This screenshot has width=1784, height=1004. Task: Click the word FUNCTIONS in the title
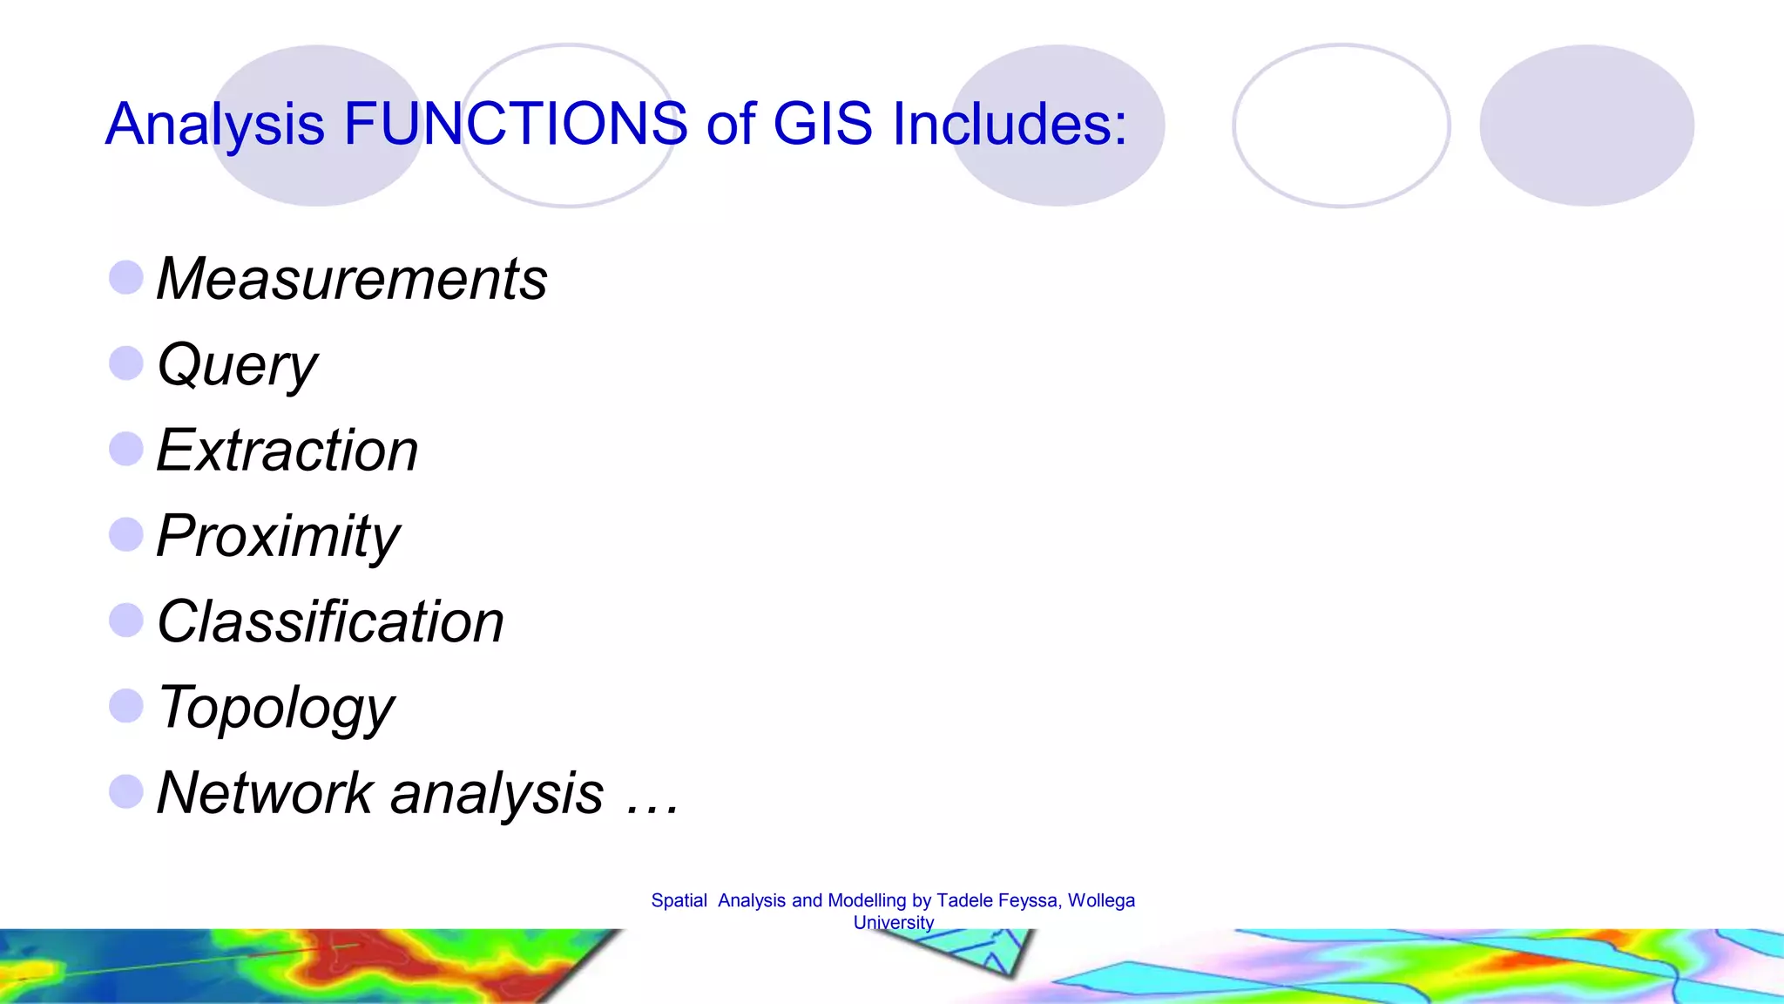point(516,124)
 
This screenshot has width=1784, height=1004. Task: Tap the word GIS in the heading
point(822,124)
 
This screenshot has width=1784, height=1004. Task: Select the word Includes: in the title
point(1010,124)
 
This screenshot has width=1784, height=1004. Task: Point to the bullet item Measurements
point(352,280)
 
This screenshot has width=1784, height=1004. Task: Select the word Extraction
point(287,451)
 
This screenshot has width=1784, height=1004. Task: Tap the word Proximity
point(278,537)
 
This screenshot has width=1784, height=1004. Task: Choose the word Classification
point(330,622)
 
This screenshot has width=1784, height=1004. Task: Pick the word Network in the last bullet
point(265,794)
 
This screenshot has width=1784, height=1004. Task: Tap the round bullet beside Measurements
point(126,278)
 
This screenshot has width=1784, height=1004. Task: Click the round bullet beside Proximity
point(126,534)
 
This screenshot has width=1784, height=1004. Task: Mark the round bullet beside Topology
point(126,706)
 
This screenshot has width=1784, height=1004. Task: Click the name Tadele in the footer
point(964,901)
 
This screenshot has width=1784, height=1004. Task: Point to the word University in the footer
point(893,923)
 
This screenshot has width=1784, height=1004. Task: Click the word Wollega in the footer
point(1101,901)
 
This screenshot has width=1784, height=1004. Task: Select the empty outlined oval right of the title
point(1341,125)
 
